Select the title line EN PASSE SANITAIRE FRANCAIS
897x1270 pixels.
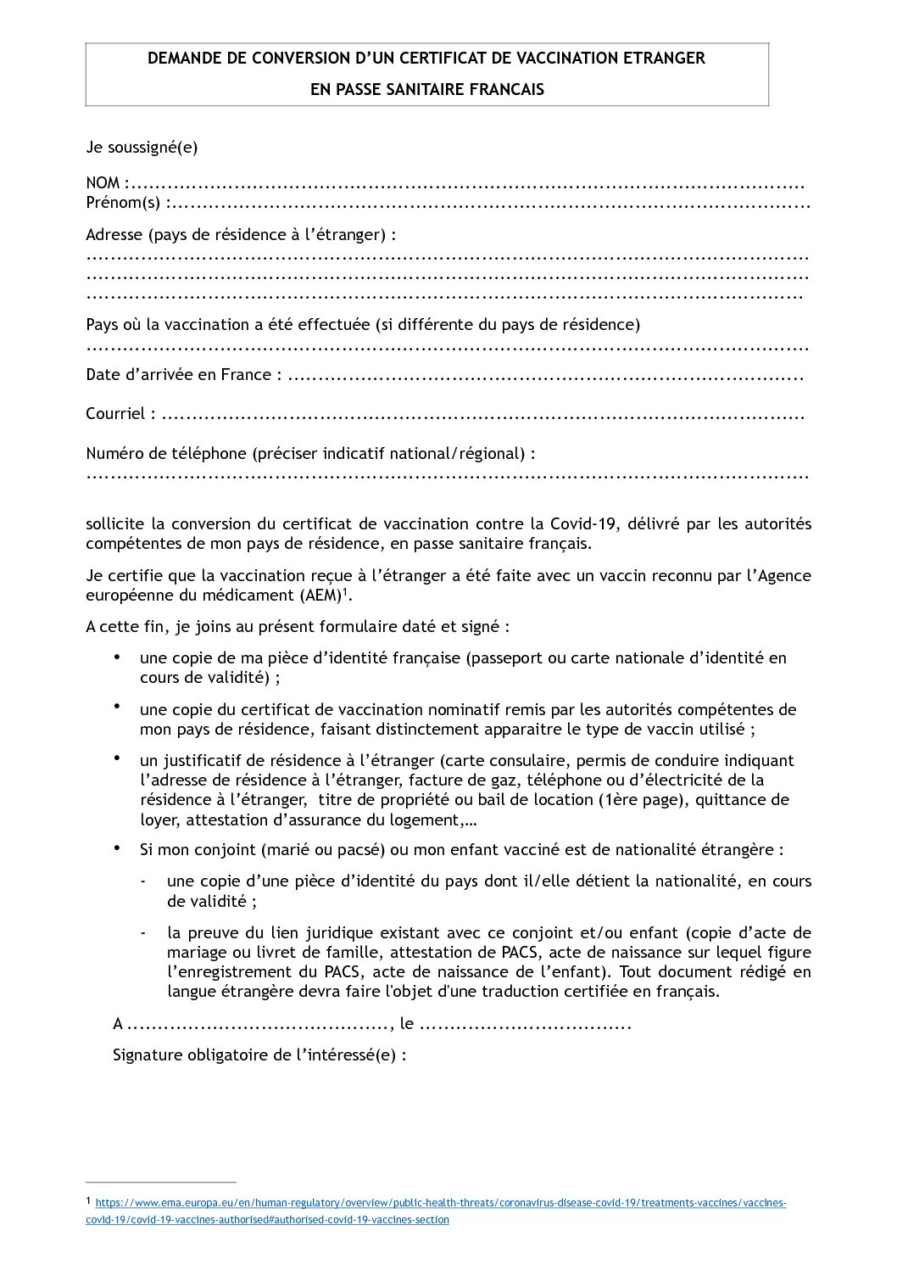[x=427, y=89]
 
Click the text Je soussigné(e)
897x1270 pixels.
[x=142, y=148]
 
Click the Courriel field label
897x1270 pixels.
[x=115, y=414]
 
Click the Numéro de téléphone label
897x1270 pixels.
[x=165, y=454]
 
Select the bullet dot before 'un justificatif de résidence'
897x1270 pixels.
[x=117, y=758]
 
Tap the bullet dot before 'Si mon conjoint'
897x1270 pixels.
[x=117, y=848]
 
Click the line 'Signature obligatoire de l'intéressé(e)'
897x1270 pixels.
[x=259, y=1056]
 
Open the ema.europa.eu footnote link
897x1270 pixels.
[x=441, y=1204]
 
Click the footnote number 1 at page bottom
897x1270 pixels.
[x=89, y=1201]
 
